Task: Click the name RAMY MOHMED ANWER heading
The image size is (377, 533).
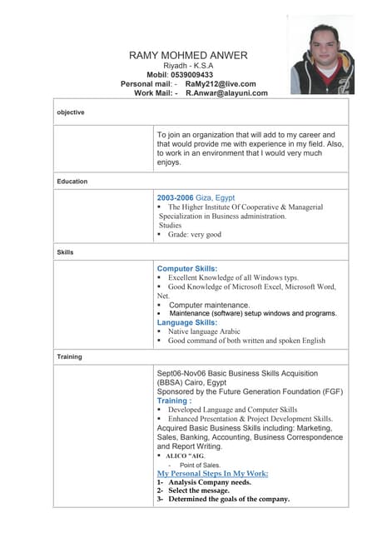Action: point(188,55)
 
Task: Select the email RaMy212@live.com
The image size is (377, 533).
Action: point(221,84)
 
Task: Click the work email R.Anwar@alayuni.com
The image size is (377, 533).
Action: point(226,93)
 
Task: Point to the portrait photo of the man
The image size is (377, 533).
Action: point(320,56)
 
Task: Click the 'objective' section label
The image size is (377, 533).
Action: point(71,112)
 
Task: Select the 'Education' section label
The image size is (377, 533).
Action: point(72,181)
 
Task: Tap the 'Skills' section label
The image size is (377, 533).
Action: point(66,251)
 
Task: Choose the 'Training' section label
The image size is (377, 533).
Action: point(69,356)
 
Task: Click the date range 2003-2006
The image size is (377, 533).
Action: point(176,197)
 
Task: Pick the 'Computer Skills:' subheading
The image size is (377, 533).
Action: point(187,268)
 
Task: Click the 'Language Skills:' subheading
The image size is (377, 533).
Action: point(187,322)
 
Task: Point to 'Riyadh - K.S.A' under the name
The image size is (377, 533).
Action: point(188,66)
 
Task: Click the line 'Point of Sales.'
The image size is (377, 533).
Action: point(200,465)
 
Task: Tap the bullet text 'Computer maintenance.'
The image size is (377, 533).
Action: point(210,305)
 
